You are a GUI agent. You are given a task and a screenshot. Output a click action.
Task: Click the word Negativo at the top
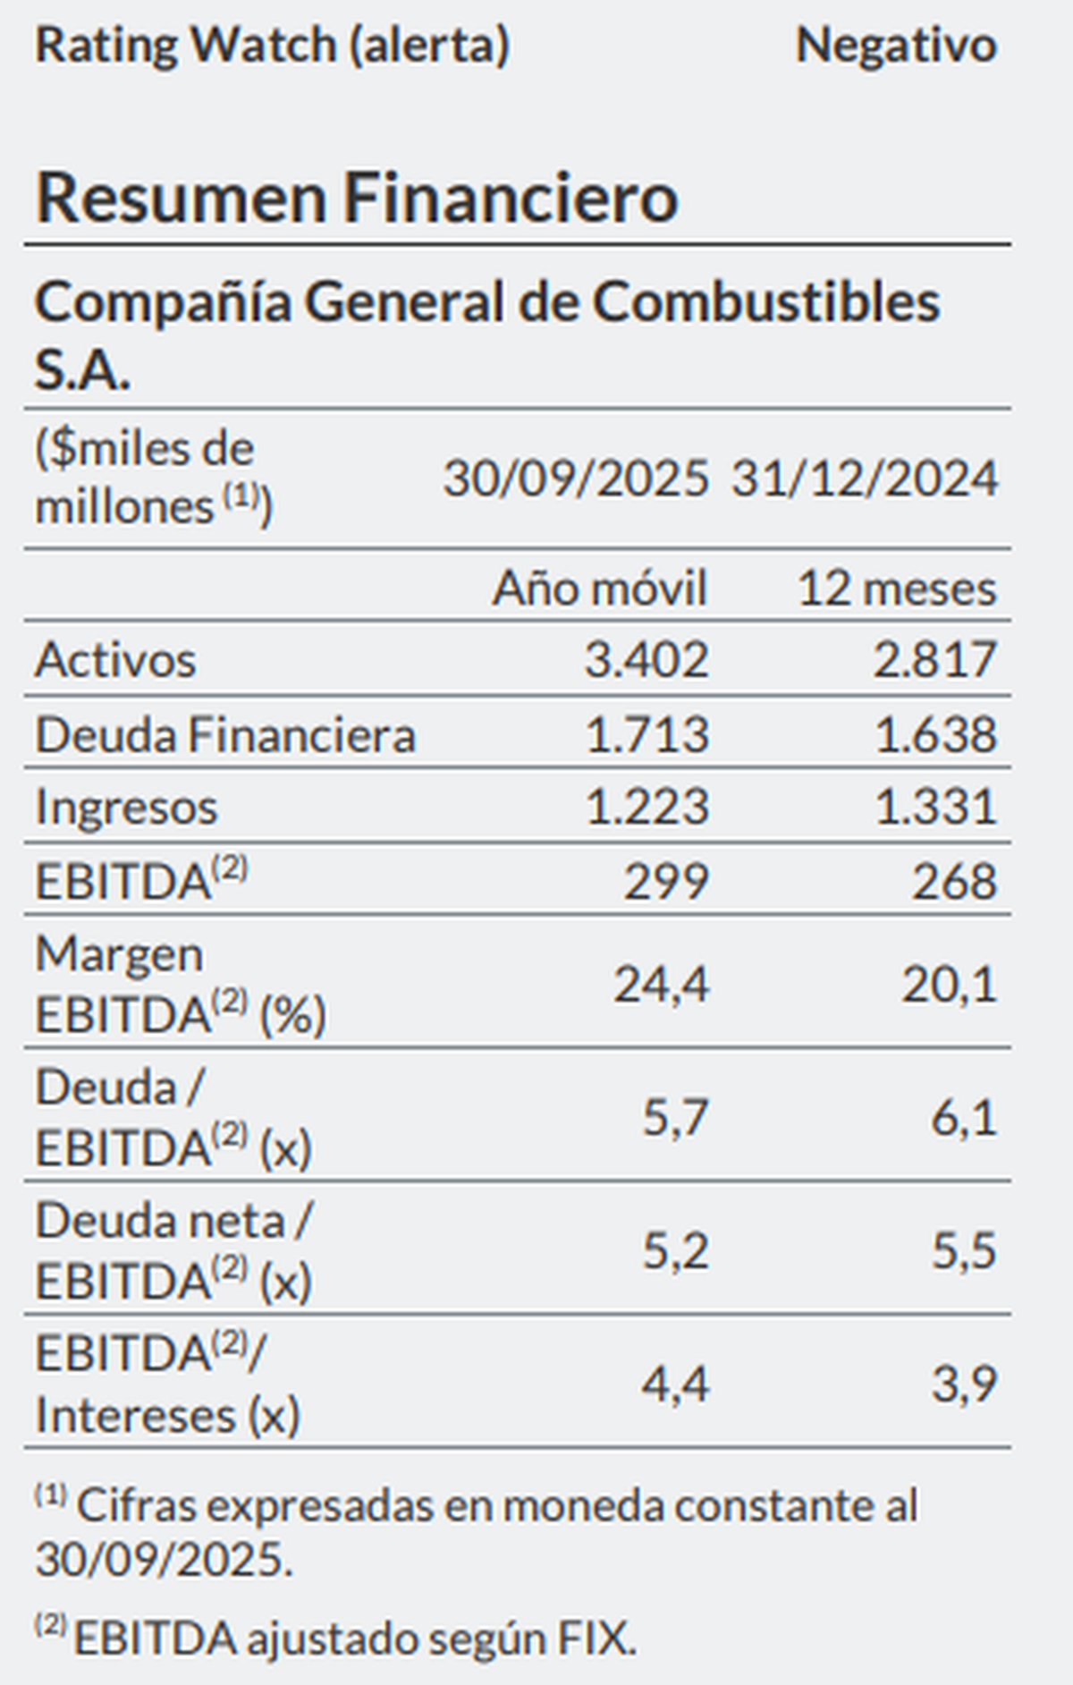click(896, 45)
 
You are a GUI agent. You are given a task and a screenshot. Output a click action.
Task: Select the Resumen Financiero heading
click(357, 198)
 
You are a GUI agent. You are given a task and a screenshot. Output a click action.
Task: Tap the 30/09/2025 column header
click(576, 478)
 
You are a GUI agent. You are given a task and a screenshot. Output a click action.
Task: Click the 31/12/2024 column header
click(865, 478)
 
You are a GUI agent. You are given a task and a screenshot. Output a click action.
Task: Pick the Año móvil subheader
click(599, 588)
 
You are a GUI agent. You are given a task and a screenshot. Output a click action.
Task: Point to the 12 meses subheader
click(897, 588)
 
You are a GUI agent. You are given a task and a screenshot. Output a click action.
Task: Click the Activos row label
click(115, 660)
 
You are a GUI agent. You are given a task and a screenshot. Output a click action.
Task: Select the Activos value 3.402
click(646, 660)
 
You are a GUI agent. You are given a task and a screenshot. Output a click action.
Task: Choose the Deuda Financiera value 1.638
click(935, 735)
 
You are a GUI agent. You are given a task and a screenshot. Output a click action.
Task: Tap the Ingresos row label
click(126, 807)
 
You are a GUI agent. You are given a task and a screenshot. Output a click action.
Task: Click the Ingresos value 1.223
click(646, 807)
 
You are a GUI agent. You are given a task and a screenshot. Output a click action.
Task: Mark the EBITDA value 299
click(666, 882)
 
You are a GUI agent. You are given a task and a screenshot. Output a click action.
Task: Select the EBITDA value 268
click(954, 882)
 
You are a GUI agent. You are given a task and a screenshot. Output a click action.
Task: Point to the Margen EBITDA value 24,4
click(662, 985)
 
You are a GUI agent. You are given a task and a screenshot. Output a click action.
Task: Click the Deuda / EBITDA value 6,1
click(964, 1118)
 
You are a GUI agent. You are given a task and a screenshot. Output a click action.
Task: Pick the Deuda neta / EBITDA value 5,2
click(676, 1250)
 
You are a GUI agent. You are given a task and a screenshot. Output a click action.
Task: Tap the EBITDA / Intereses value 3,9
click(964, 1384)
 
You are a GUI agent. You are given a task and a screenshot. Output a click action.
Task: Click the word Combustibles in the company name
click(765, 302)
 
